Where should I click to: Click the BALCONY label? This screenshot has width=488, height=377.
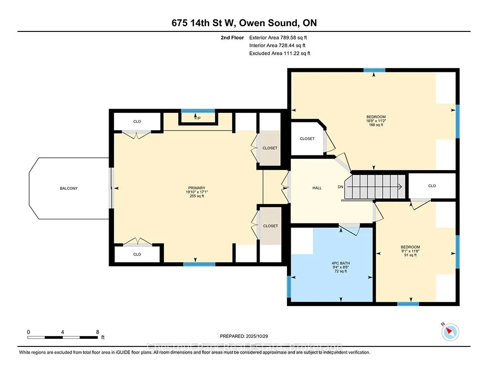69,188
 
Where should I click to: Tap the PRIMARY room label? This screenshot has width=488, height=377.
196,188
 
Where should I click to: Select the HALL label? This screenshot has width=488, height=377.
317,188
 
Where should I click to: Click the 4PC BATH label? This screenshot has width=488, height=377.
341,263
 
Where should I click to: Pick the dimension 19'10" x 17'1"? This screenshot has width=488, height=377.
196,192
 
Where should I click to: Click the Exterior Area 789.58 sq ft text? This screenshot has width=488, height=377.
281,37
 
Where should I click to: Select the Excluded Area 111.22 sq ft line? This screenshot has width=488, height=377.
279,53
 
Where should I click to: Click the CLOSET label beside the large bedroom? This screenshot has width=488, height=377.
307,139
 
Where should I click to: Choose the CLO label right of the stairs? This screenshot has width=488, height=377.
432,186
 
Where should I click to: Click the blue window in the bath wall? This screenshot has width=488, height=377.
289,286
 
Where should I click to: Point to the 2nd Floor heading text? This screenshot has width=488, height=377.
233,37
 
